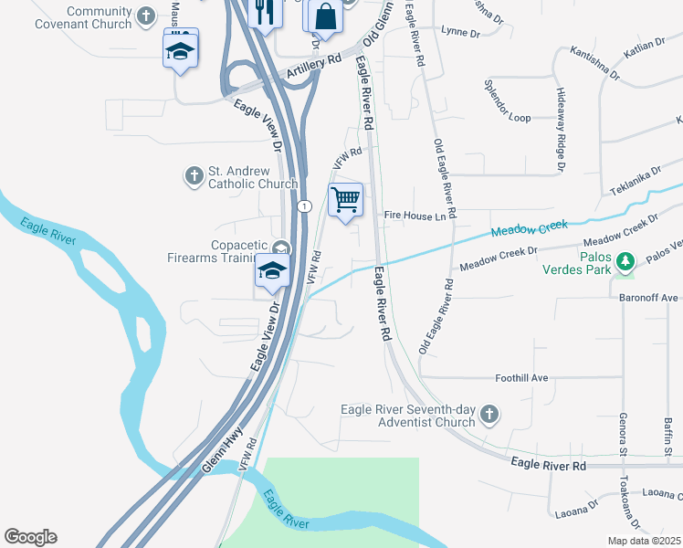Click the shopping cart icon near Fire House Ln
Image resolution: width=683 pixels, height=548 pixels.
345,199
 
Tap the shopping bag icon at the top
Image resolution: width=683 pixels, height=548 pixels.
324,15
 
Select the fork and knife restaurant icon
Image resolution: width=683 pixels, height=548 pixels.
265,13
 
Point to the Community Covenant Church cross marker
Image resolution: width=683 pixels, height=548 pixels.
147,16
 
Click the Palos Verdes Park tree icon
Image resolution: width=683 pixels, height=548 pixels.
625,263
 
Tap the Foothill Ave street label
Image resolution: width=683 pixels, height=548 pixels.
520,377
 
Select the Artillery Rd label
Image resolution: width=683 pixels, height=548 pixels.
312,67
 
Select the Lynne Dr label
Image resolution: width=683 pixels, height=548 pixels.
460,31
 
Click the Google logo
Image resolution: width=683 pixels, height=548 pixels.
30,537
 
